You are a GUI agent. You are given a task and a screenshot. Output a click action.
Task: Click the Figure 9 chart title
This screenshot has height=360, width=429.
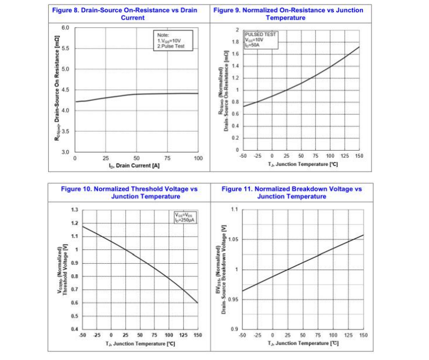click(x=289, y=14)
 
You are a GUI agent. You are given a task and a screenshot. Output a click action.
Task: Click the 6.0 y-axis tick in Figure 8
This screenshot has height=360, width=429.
click(x=65, y=28)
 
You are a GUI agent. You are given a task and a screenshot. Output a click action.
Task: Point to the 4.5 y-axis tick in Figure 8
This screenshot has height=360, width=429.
click(x=65, y=90)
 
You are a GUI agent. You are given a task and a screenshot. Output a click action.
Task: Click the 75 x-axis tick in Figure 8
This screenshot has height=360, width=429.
click(x=168, y=158)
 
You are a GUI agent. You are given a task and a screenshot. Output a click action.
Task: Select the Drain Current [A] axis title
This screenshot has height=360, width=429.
click(x=136, y=166)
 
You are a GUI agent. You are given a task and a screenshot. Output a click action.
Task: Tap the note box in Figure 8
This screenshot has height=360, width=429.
click(x=171, y=41)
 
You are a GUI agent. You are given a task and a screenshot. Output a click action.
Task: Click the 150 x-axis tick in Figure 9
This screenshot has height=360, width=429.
click(x=359, y=157)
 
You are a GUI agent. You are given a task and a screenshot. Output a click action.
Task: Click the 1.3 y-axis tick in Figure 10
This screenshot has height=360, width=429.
click(x=74, y=210)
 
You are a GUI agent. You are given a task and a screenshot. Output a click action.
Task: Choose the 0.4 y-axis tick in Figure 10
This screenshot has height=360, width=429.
click(x=74, y=329)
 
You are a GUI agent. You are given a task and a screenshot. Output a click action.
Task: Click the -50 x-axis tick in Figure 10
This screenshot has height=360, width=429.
click(x=82, y=335)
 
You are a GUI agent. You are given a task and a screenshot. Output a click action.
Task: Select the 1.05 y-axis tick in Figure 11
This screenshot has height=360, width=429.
click(x=233, y=239)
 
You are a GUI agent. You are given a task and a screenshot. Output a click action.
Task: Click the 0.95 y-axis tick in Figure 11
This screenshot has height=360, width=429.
click(x=233, y=300)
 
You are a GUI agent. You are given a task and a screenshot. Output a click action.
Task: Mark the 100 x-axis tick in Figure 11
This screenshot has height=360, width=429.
click(x=333, y=335)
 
